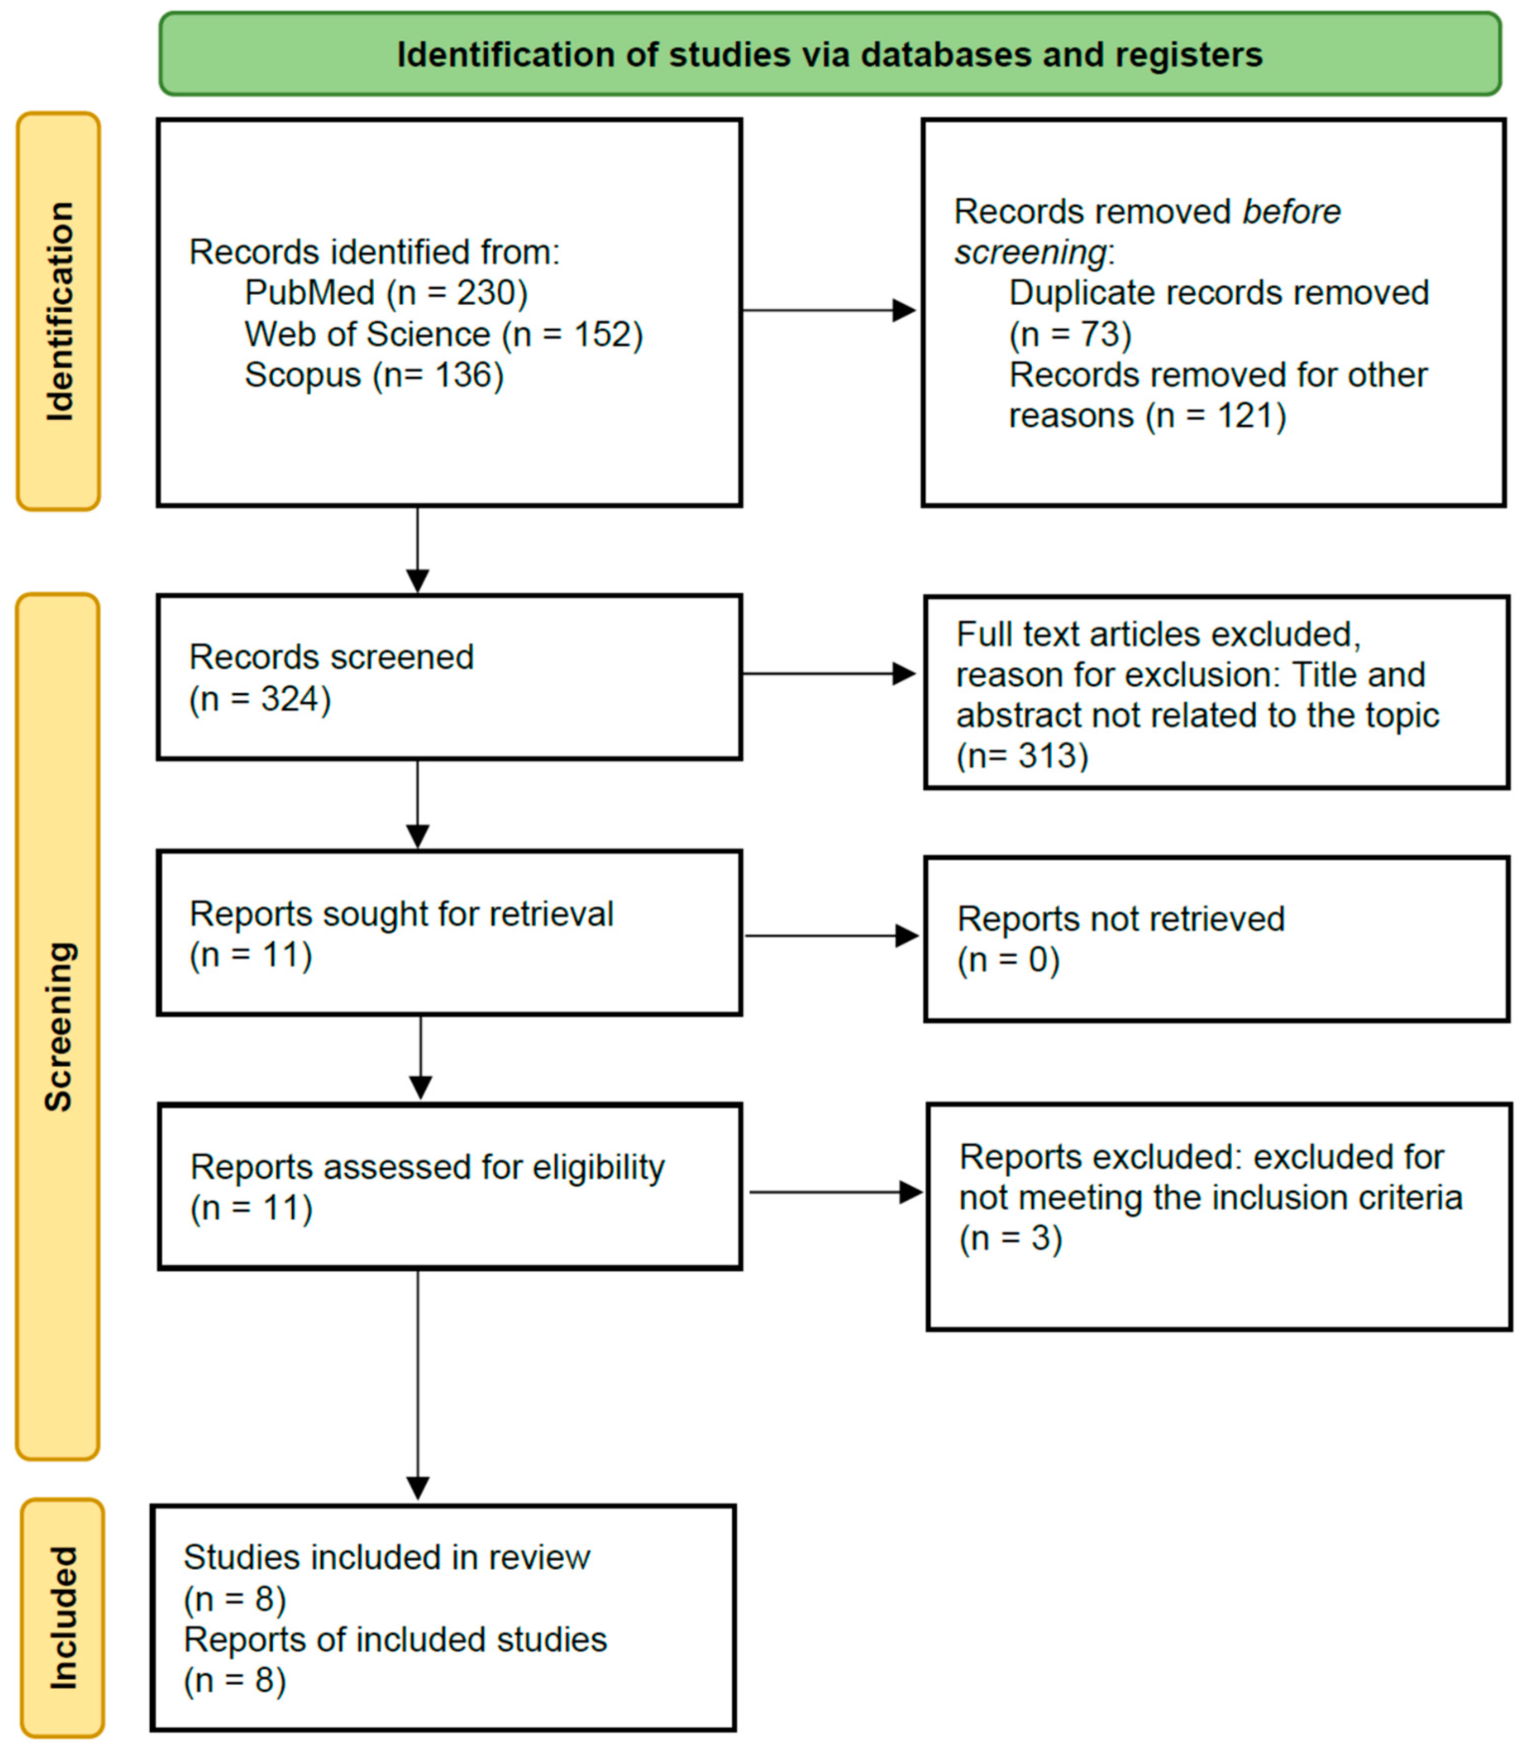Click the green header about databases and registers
click(x=830, y=54)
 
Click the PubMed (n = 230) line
click(x=386, y=293)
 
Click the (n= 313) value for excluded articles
click(x=1022, y=755)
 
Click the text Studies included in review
click(x=386, y=1557)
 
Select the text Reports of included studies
click(x=395, y=1639)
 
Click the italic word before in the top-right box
click(x=1291, y=211)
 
